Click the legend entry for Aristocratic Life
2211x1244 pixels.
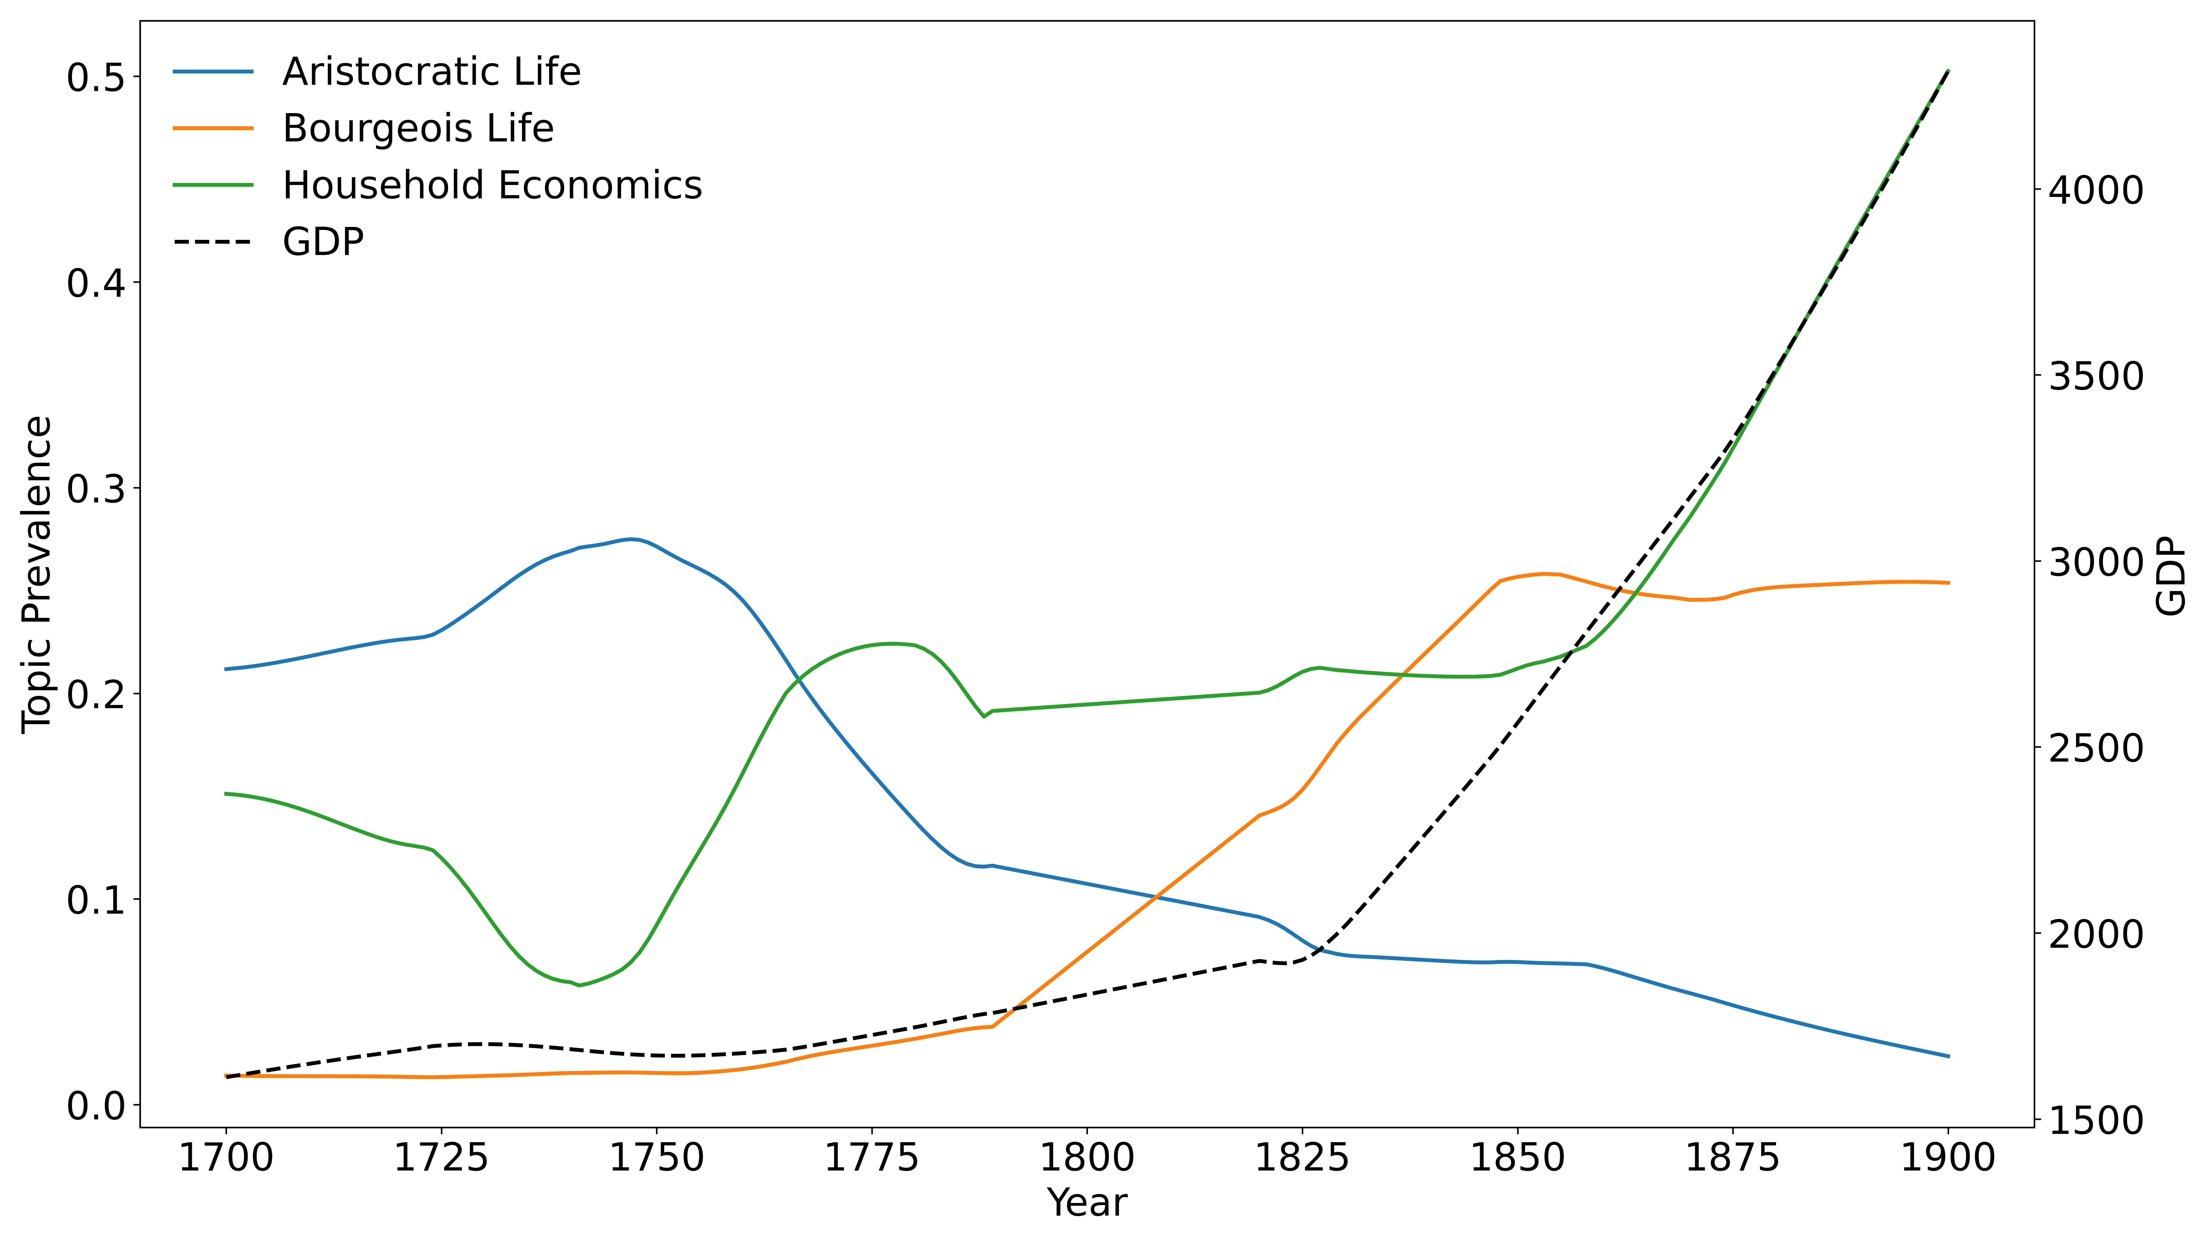pyautogui.click(x=431, y=72)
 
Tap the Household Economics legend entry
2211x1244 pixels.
pyautogui.click(x=492, y=185)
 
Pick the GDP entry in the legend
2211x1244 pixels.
pyautogui.click(x=323, y=242)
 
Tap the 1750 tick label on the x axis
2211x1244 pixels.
pyautogui.click(x=657, y=1158)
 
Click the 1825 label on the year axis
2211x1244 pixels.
pyautogui.click(x=1302, y=1158)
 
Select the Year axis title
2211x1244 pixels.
pyautogui.click(x=1087, y=1203)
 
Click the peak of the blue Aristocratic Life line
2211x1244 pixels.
pyautogui.click(x=632, y=539)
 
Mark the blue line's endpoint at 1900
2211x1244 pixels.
pyautogui.click(x=1948, y=1056)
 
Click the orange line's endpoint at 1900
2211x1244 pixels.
pyautogui.click(x=1948, y=583)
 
